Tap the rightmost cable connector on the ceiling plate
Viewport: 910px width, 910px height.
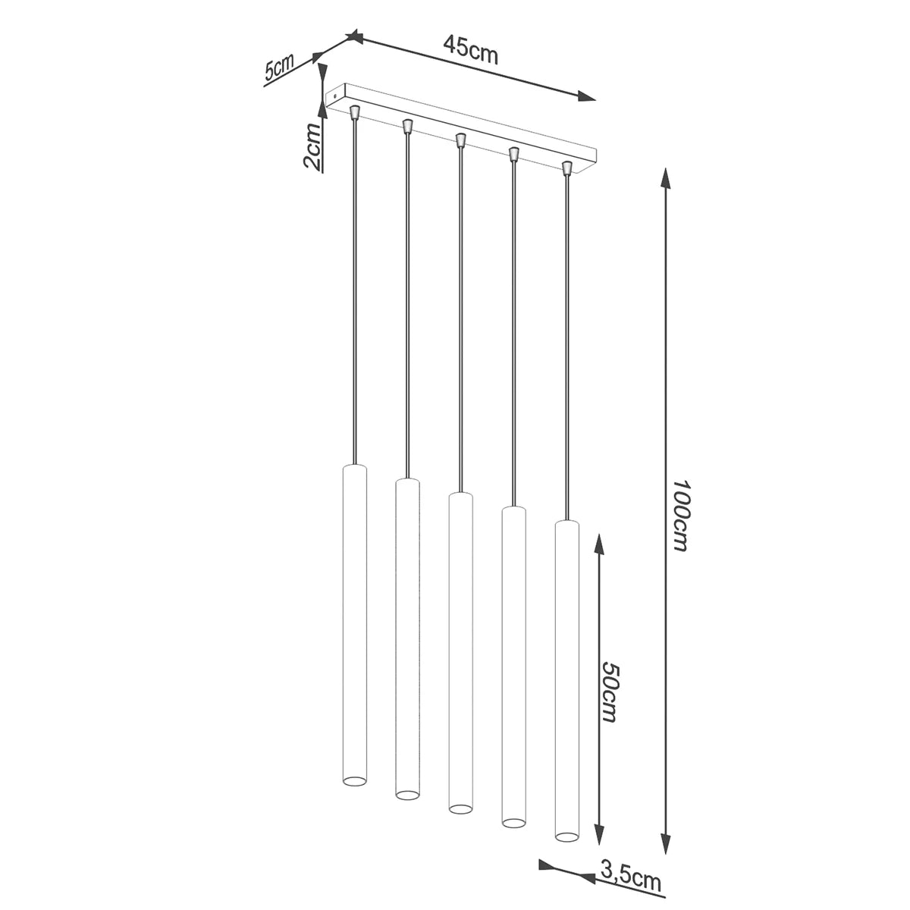point(566,166)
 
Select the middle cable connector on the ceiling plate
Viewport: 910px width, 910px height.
point(460,140)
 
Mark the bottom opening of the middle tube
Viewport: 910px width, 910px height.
point(460,808)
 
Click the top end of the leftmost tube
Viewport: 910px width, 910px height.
point(354,465)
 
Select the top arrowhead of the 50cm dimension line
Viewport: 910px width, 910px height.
point(599,543)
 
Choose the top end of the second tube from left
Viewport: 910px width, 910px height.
point(407,481)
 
